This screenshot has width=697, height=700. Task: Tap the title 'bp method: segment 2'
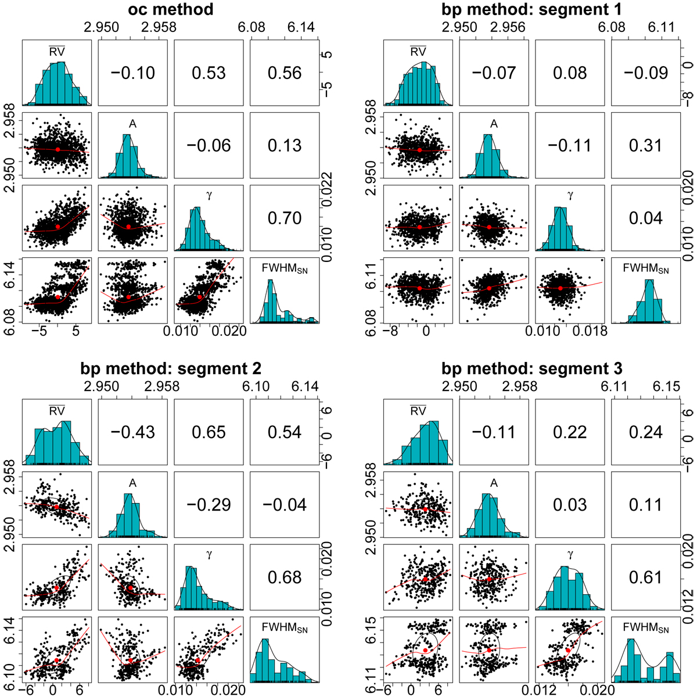[x=171, y=368]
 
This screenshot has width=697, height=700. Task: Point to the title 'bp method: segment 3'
[x=531, y=368]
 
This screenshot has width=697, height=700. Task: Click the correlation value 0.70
[x=285, y=218]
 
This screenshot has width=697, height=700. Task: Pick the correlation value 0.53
[x=209, y=73]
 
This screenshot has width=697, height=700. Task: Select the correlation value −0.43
[x=133, y=432]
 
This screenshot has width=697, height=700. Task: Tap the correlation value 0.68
[x=285, y=577]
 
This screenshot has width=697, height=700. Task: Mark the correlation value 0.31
[x=646, y=146]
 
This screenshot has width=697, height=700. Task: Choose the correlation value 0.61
[x=646, y=577]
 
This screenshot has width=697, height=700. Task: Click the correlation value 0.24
[x=646, y=432]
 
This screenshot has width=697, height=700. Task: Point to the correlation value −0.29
[x=209, y=505]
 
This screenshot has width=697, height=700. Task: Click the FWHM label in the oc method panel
[x=285, y=268]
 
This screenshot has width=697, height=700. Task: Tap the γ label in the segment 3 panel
[x=570, y=555]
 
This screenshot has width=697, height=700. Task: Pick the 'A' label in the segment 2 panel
[x=133, y=483]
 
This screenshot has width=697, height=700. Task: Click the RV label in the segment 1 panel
[x=418, y=52]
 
